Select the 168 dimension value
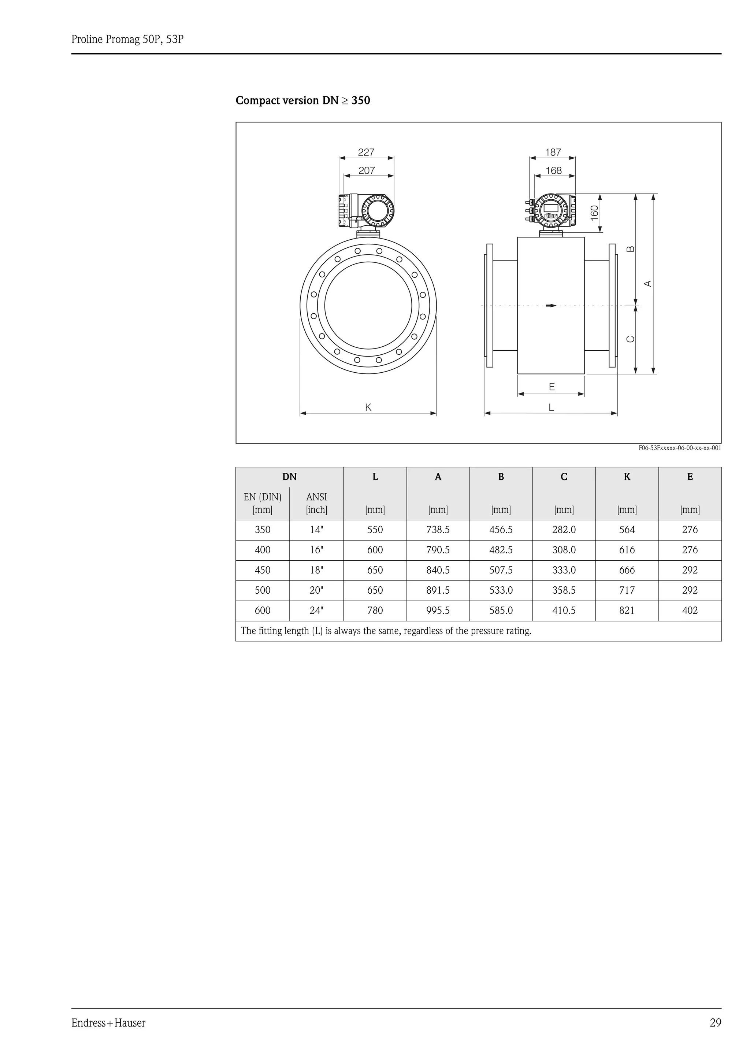[x=554, y=171]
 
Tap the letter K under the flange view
[x=368, y=408]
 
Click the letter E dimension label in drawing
[x=552, y=387]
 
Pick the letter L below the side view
[x=551, y=408]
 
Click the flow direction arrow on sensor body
[x=551, y=305]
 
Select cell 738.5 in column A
[x=438, y=530]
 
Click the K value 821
[x=627, y=611]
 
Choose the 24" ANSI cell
[x=316, y=611]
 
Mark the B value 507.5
[x=501, y=570]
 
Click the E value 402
[x=690, y=611]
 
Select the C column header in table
[x=564, y=477]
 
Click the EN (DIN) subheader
[x=263, y=497]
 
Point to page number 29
[x=715, y=1023]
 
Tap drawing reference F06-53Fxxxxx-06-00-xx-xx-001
[x=680, y=448]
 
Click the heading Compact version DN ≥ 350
[x=303, y=100]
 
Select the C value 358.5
[x=564, y=591]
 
